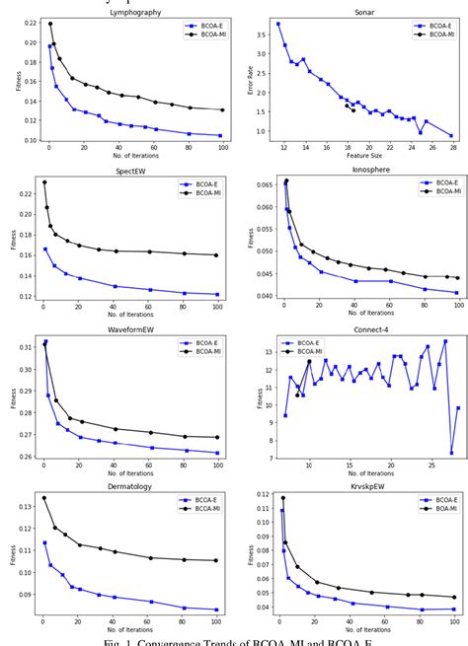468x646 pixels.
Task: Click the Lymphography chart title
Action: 135,12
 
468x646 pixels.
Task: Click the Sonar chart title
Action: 364,12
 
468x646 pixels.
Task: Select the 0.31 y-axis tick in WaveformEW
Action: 26,346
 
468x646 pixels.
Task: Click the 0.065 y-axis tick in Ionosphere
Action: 257,184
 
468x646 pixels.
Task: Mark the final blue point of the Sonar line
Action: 452,136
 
